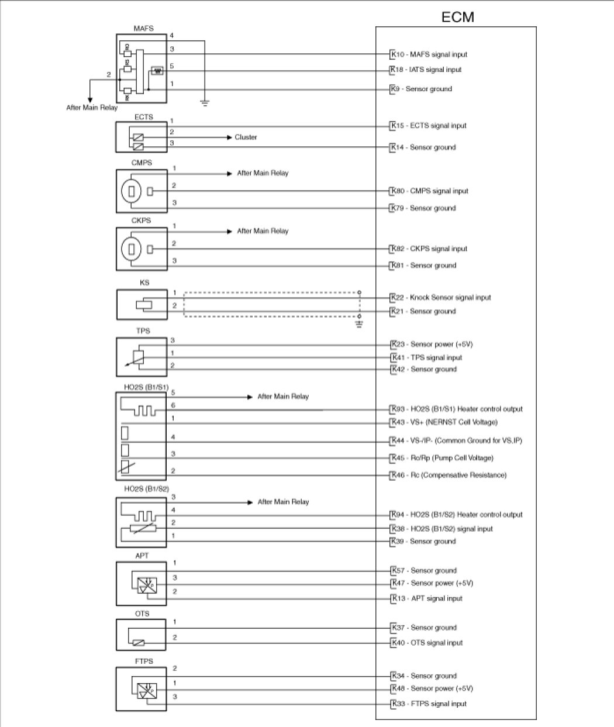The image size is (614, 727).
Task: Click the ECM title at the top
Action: click(x=457, y=17)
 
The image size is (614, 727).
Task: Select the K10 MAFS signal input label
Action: click(x=430, y=54)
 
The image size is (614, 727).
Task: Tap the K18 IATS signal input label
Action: click(x=427, y=70)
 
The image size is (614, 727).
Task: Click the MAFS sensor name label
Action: click(x=143, y=28)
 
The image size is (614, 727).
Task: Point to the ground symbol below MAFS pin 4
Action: click(x=204, y=103)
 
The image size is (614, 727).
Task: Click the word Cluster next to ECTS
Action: click(x=246, y=137)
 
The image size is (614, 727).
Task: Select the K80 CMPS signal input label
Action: click(x=430, y=191)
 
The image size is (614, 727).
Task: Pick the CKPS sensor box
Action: click(x=142, y=249)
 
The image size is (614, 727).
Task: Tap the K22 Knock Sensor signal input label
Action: click(x=441, y=298)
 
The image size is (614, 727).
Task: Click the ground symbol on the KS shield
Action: click(x=360, y=323)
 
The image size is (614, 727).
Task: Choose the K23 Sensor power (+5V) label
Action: click(x=432, y=344)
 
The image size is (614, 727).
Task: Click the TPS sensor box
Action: click(x=142, y=356)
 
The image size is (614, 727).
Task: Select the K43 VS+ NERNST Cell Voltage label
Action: click(x=444, y=422)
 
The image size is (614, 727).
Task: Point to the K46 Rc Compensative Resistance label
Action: click(x=449, y=476)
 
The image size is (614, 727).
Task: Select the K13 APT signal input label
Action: click(x=427, y=598)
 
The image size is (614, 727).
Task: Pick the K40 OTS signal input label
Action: click(x=427, y=643)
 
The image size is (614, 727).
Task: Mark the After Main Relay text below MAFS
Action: click(x=92, y=108)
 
